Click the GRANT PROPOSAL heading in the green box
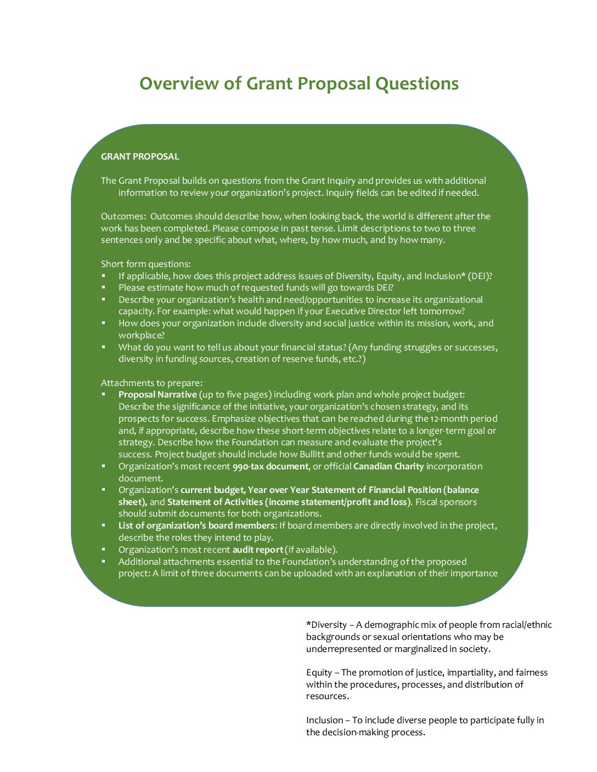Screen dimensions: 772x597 point(140,156)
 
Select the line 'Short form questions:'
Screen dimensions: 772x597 point(145,264)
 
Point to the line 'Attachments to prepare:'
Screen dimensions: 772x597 point(151,383)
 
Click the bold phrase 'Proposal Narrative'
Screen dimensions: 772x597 point(157,394)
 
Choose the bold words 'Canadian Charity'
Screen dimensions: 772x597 point(388,466)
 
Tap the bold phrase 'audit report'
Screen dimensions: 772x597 point(257,549)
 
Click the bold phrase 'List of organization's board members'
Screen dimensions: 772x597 point(196,525)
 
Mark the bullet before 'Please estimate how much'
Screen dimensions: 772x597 point(103,287)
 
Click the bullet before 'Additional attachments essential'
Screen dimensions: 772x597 point(103,561)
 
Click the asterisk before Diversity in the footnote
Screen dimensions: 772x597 point(308,624)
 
